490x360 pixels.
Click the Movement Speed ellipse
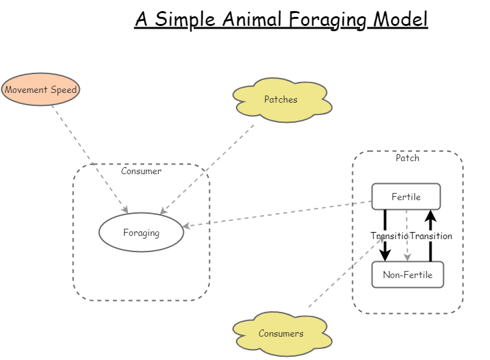pyautogui.click(x=40, y=90)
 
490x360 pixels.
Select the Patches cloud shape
pyautogui.click(x=281, y=100)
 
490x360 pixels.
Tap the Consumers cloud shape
pyautogui.click(x=281, y=334)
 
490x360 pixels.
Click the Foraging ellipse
pyautogui.click(x=141, y=232)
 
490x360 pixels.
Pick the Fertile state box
pyautogui.click(x=406, y=196)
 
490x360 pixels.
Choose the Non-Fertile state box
pyautogui.click(x=407, y=275)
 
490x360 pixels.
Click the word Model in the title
pyautogui.click(x=400, y=19)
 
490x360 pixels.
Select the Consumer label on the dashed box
pyautogui.click(x=141, y=172)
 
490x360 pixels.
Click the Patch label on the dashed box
pyautogui.click(x=407, y=158)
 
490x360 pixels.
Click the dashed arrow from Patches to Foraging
pyautogui.click(x=208, y=169)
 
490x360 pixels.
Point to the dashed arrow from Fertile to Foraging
pyautogui.click(x=279, y=214)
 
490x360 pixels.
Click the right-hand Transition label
pyautogui.click(x=431, y=236)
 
